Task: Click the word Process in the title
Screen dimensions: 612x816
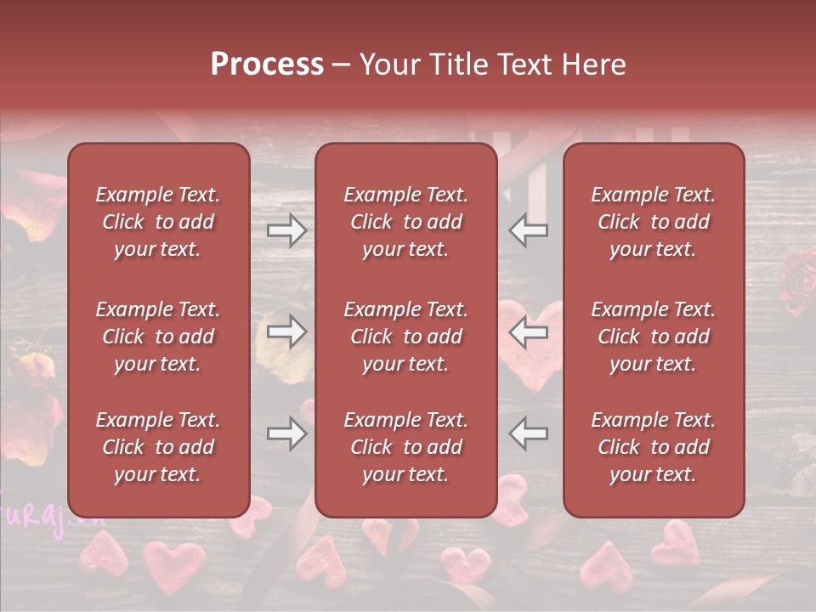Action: (x=267, y=65)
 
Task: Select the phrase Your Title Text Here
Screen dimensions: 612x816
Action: (x=492, y=65)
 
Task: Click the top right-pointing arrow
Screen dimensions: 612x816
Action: (x=287, y=230)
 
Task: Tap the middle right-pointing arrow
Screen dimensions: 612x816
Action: (x=287, y=332)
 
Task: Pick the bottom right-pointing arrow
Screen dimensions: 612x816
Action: (x=287, y=434)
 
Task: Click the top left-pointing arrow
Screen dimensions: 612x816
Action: (x=529, y=230)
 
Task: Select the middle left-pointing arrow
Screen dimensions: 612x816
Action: (x=529, y=332)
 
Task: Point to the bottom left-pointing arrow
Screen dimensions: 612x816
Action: (x=529, y=434)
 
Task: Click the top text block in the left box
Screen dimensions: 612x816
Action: (x=157, y=222)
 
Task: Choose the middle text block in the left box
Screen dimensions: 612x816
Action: (x=157, y=337)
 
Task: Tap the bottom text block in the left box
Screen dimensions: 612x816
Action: (x=157, y=447)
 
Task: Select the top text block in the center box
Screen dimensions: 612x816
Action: (x=405, y=222)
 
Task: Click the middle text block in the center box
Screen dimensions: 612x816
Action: (x=405, y=337)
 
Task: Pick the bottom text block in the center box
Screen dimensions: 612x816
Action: (x=405, y=447)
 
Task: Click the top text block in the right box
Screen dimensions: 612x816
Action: (x=653, y=222)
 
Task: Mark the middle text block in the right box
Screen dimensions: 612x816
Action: (x=653, y=337)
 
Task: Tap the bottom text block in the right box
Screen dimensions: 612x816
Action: (x=653, y=447)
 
